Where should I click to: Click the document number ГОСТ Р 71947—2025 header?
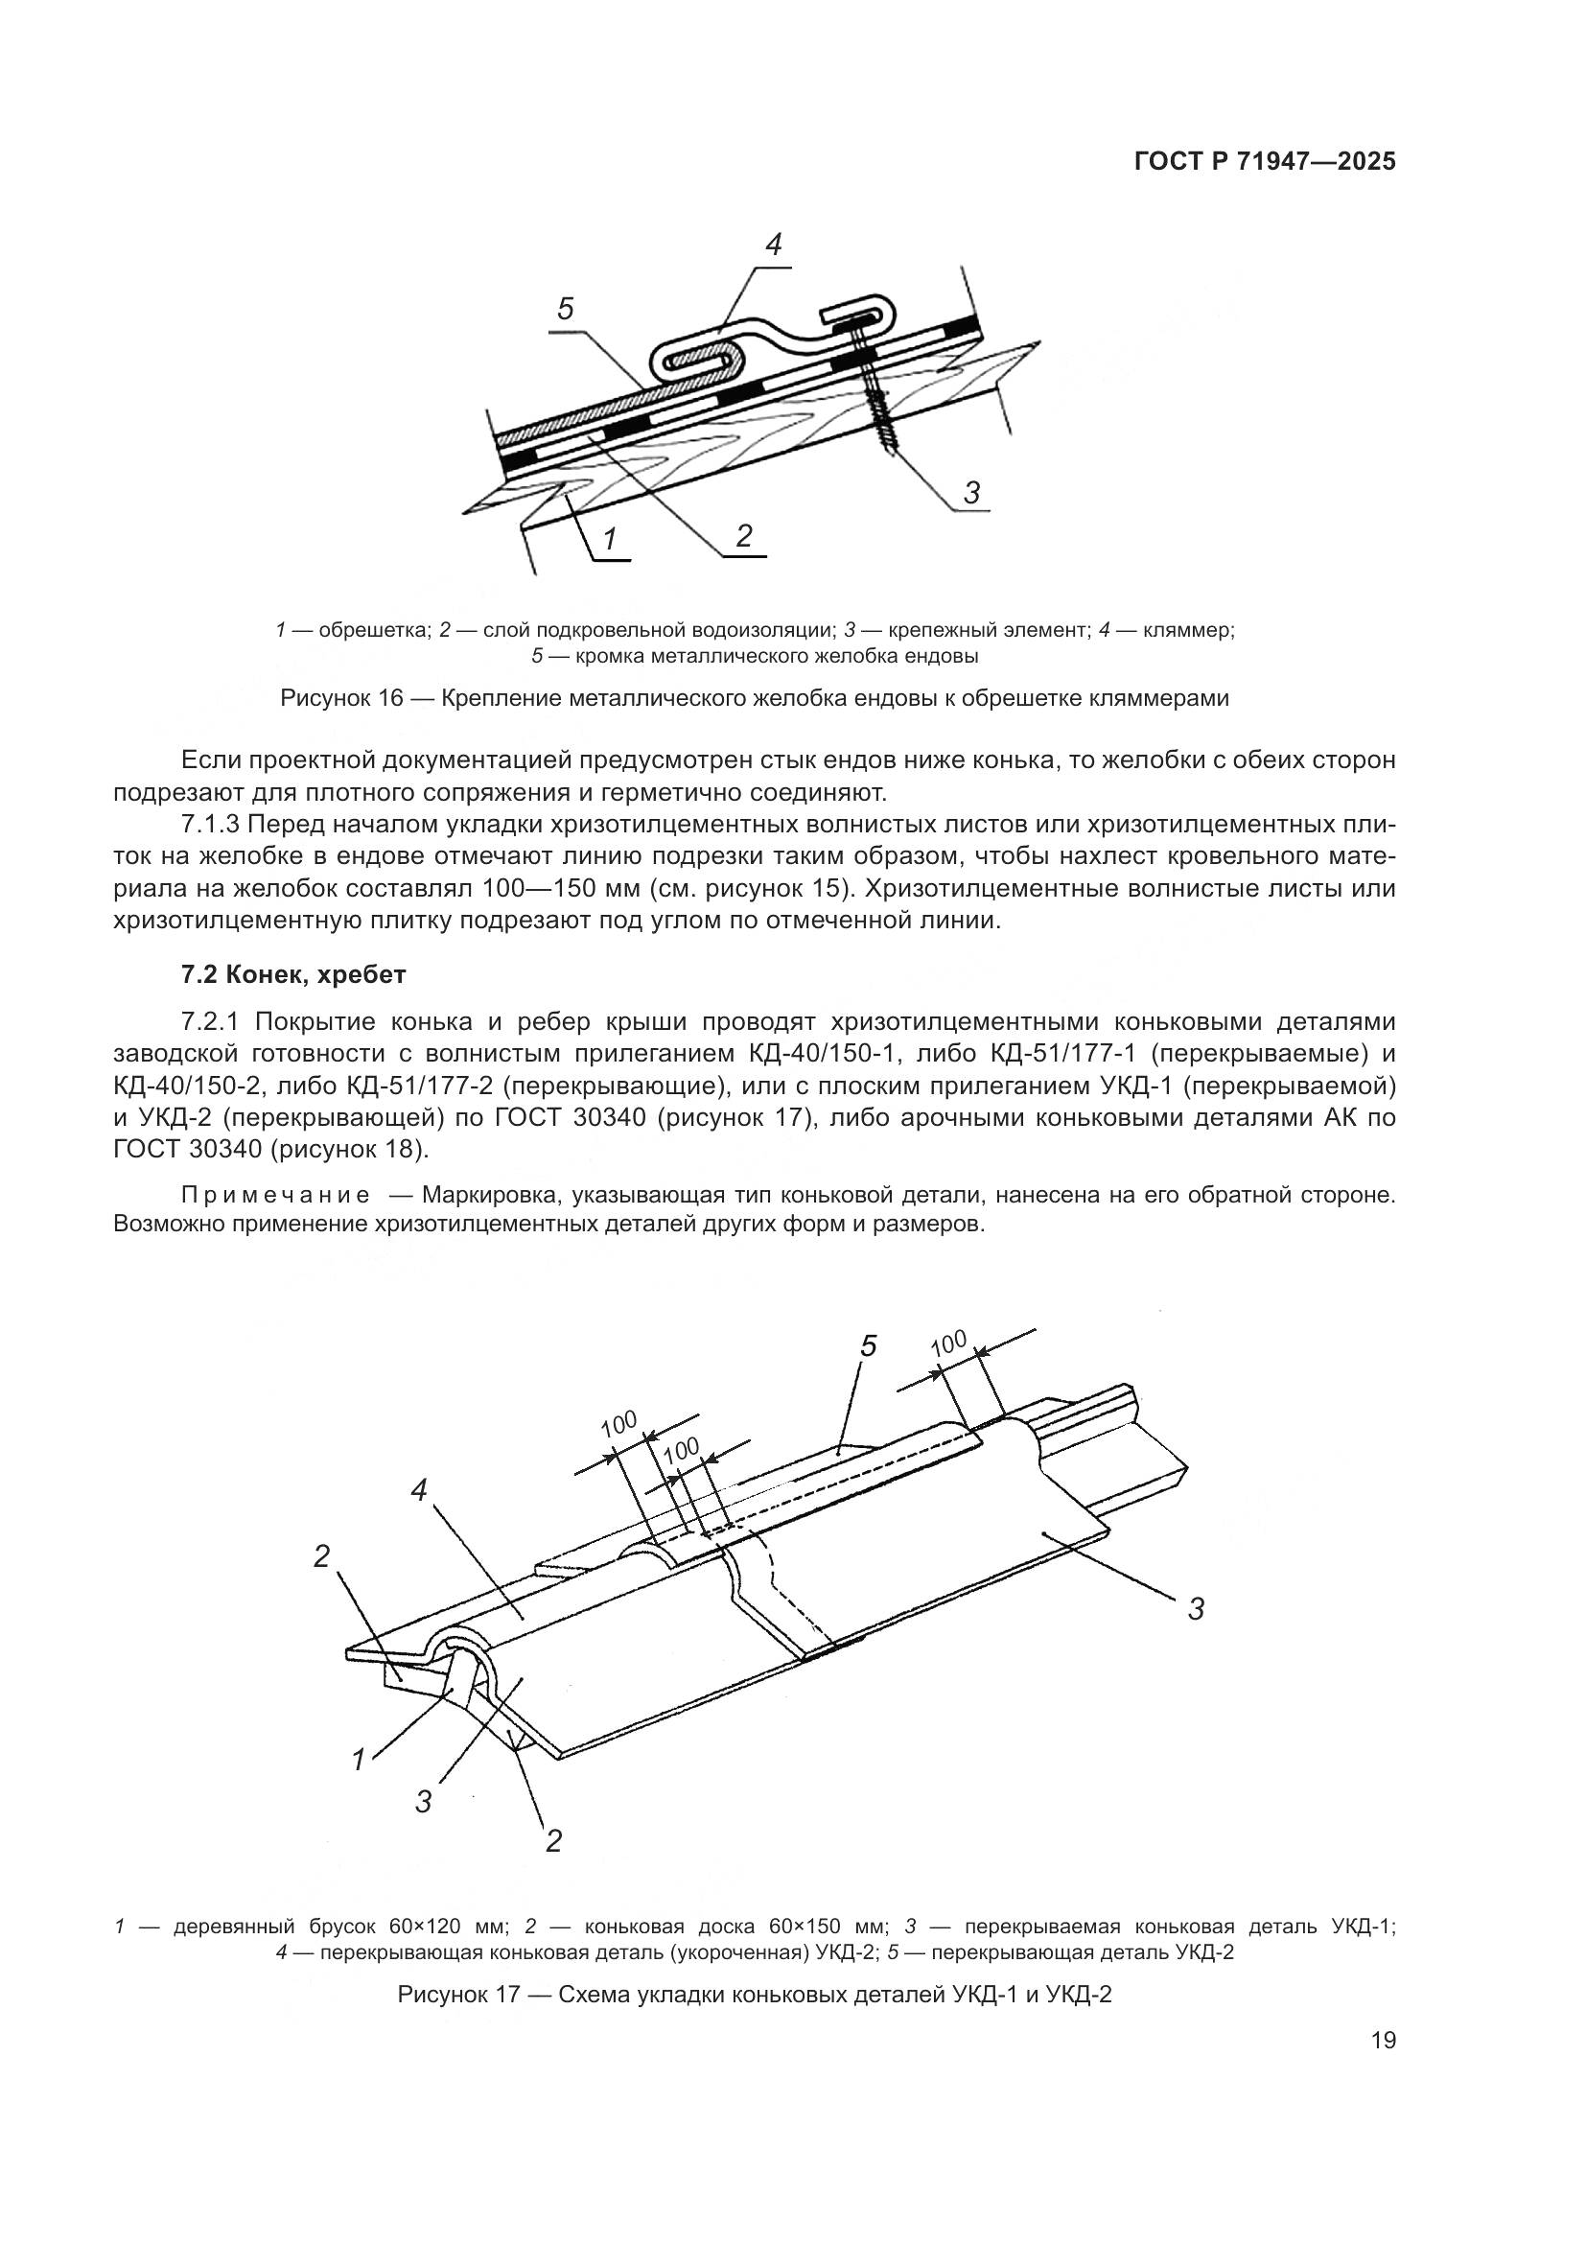(1265, 162)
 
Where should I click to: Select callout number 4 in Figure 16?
(773, 245)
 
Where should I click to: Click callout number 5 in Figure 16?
(566, 310)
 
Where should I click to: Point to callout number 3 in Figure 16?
(970, 492)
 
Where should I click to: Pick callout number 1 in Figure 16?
(610, 538)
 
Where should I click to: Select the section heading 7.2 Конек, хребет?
(293, 974)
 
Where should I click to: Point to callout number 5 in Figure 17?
(868, 1346)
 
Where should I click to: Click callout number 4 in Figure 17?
(419, 1491)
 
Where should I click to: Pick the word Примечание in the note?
(275, 1195)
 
